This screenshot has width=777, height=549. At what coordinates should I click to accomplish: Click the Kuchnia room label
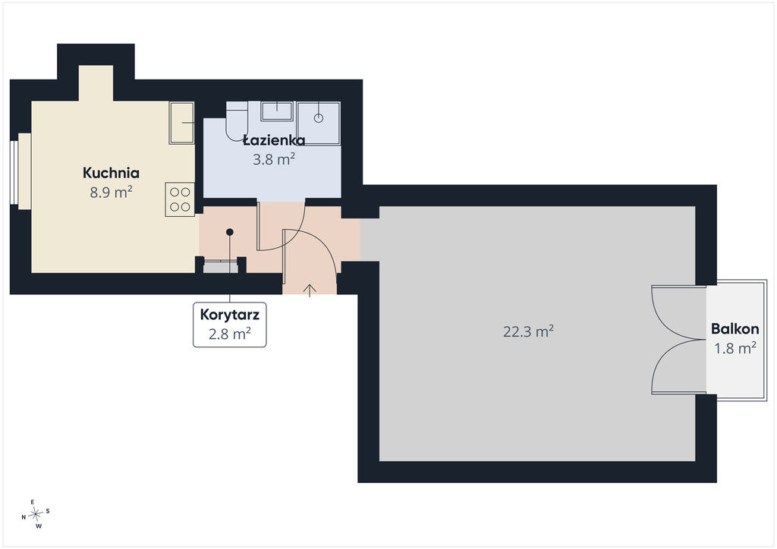pyautogui.click(x=111, y=173)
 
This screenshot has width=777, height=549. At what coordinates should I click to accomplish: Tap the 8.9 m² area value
pyautogui.click(x=111, y=192)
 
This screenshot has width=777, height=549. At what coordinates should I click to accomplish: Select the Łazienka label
pyautogui.click(x=274, y=140)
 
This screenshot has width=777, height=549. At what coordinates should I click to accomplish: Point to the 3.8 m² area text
pyautogui.click(x=274, y=159)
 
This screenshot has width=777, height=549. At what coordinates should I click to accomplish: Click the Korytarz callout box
pyautogui.click(x=229, y=325)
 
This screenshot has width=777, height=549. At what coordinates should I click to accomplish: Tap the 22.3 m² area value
pyautogui.click(x=528, y=331)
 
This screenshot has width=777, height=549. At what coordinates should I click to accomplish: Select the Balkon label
pyautogui.click(x=735, y=328)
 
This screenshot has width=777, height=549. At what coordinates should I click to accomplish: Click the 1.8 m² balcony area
pyautogui.click(x=735, y=348)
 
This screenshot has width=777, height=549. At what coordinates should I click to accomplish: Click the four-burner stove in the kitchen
pyautogui.click(x=180, y=199)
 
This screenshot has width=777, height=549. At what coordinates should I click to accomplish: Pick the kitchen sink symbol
pyautogui.click(x=181, y=124)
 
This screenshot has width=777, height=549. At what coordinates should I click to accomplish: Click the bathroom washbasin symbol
pyautogui.click(x=276, y=111)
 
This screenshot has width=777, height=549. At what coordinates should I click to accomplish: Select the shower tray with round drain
pyautogui.click(x=318, y=124)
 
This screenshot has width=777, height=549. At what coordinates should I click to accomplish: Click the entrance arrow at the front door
pyautogui.click(x=310, y=290)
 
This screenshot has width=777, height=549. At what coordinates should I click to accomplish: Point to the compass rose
pyautogui.click(x=36, y=515)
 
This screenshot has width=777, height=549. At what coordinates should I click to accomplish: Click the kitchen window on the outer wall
pyautogui.click(x=14, y=172)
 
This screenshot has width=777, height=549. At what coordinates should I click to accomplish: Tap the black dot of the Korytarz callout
pyautogui.click(x=229, y=232)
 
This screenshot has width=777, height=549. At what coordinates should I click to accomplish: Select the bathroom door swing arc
pyautogui.click(x=290, y=237)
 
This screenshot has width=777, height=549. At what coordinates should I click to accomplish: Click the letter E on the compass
pyautogui.click(x=33, y=502)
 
